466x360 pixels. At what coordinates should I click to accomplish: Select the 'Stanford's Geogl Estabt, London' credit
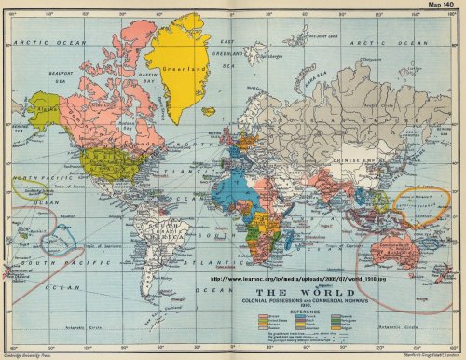(x=425, y=354)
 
